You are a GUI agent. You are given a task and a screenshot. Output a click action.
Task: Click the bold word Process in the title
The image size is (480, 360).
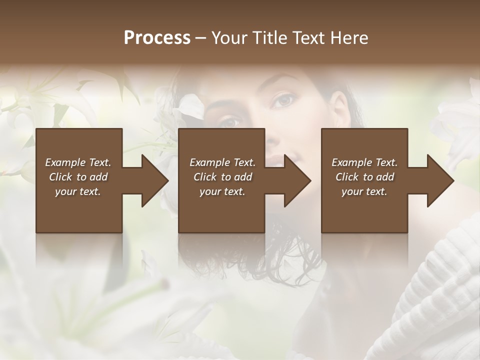pyautogui.click(x=157, y=37)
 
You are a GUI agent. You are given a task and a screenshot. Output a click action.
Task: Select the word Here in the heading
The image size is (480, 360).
pyautogui.click(x=349, y=37)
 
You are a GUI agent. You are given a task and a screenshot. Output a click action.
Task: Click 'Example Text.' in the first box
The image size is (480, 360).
pyautogui.click(x=78, y=162)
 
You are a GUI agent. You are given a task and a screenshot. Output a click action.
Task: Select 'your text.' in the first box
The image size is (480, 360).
pyautogui.click(x=78, y=191)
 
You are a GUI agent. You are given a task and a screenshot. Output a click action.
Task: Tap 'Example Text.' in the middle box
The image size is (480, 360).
pyautogui.click(x=222, y=162)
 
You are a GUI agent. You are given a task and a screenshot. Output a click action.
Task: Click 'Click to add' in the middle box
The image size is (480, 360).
pyautogui.click(x=222, y=177)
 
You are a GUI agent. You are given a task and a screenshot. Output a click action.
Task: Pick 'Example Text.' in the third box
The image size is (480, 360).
pyautogui.click(x=364, y=162)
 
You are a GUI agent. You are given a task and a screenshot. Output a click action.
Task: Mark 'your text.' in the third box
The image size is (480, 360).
pyautogui.click(x=364, y=191)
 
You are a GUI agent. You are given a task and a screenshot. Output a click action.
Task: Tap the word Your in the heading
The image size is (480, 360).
pyautogui.click(x=229, y=37)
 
